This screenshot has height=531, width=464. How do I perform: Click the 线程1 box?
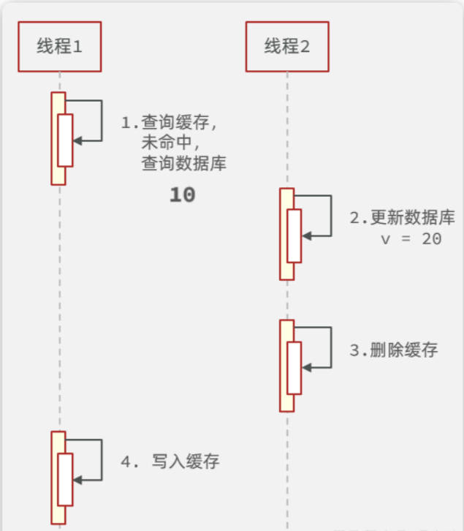59,46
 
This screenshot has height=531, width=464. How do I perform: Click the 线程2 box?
287,46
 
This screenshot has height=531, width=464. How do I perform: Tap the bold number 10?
182,195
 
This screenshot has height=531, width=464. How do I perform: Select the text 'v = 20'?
411,238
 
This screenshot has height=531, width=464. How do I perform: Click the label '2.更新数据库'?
402,218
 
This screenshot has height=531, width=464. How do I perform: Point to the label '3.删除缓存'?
393,350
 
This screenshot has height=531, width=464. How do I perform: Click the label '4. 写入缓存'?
170,462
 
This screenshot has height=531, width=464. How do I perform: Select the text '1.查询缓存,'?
170,122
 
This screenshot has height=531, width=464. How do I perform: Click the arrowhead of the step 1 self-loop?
77,140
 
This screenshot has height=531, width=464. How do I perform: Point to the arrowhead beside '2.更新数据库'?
306,236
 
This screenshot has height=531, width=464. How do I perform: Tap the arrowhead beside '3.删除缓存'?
306,367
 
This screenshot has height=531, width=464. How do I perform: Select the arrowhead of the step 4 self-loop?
77,479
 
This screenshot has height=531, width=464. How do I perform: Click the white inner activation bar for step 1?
65,140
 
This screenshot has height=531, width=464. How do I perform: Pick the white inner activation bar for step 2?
294,236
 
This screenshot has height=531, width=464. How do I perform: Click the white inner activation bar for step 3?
294,367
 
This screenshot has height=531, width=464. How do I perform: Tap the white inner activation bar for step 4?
65,479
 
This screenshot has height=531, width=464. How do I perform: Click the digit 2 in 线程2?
304,47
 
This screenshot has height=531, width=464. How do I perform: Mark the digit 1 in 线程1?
77,47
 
